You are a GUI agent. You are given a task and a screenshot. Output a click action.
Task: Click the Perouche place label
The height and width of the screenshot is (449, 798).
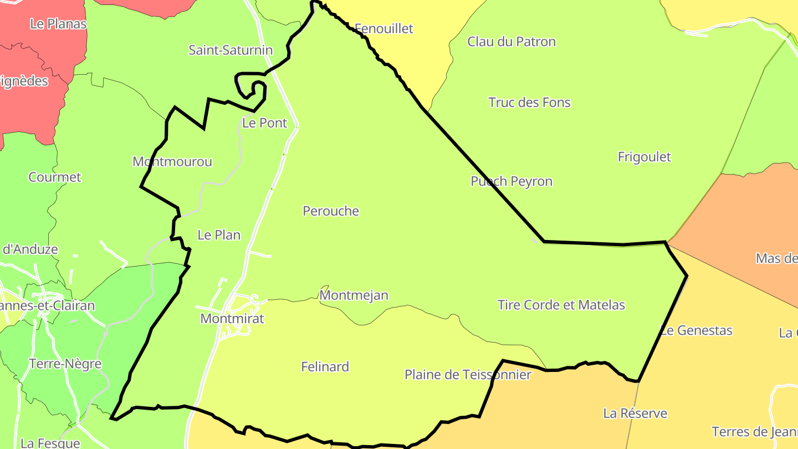click(x=331, y=211)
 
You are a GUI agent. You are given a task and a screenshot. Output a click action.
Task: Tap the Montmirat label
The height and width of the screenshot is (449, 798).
click(x=232, y=319)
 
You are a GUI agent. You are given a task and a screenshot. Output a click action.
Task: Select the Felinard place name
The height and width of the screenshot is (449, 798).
click(x=325, y=367)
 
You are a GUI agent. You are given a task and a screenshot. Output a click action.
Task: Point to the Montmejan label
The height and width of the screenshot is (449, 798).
click(x=354, y=295)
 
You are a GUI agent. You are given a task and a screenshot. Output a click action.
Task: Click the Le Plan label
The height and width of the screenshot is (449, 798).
click(x=219, y=235)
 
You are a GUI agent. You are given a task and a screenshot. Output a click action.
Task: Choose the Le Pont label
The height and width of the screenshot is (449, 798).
click(x=265, y=123)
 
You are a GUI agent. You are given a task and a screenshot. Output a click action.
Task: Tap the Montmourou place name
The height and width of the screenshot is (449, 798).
click(x=172, y=162)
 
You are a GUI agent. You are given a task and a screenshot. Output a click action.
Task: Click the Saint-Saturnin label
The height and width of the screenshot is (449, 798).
click(x=231, y=50)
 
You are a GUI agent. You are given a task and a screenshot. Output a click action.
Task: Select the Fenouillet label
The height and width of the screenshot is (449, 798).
click(x=383, y=28)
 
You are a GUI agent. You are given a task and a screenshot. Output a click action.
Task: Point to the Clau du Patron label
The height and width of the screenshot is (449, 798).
click(x=511, y=42)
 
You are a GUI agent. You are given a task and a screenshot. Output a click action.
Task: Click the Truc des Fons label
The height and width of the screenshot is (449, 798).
click(x=529, y=103)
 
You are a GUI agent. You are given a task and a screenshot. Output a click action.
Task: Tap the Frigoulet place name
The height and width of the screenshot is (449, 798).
click(x=644, y=157)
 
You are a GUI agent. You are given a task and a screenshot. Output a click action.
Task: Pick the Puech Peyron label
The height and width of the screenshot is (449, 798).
click(x=511, y=181)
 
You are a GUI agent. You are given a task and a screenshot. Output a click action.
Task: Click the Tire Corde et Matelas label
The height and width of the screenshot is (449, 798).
click(x=561, y=305)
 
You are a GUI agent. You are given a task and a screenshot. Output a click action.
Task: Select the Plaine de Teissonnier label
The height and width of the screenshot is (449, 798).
click(x=468, y=375)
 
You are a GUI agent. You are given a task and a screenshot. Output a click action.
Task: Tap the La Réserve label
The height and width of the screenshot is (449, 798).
click(x=635, y=414)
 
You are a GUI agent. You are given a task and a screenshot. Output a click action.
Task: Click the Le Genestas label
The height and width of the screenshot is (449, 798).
click(x=697, y=330)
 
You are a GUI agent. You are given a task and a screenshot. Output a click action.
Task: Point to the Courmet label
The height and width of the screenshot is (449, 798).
click(x=55, y=177)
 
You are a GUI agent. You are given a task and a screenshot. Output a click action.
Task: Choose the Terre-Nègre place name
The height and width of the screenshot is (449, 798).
click(x=65, y=364)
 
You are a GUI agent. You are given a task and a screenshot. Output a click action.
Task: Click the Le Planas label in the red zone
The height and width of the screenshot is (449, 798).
click(x=58, y=24)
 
